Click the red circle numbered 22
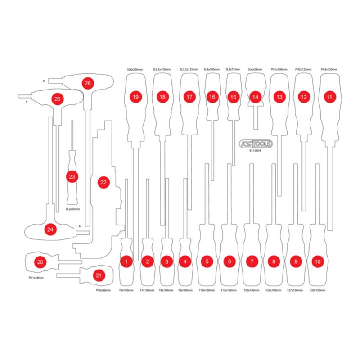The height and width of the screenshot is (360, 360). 104,182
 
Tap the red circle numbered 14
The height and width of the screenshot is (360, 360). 256,97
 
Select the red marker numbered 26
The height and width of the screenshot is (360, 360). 87,83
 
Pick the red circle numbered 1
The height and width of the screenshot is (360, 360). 127,261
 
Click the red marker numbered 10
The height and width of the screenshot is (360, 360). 318,261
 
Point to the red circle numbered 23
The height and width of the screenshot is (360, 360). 72,177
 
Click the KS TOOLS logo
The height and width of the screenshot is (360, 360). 256,144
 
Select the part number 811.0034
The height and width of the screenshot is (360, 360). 256,152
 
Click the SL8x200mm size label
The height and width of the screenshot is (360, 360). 135,70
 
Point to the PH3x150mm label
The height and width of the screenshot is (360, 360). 329,70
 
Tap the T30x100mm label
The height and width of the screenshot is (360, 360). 318,291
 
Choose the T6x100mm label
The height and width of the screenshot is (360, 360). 126,291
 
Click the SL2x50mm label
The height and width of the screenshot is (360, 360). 72,209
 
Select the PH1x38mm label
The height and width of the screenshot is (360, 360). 36,278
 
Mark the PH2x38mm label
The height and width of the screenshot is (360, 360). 103,291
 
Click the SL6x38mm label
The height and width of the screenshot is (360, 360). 256,70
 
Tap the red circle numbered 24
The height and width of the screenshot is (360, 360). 50,229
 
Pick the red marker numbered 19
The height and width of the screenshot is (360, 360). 135,97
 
